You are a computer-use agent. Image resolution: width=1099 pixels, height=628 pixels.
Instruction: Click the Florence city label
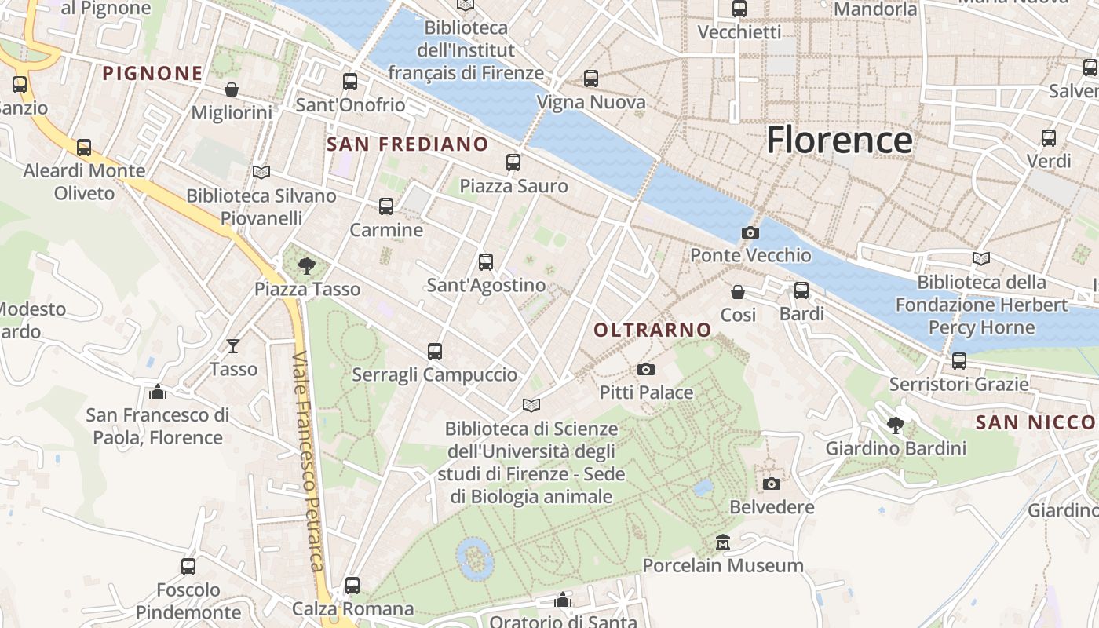pos(839,141)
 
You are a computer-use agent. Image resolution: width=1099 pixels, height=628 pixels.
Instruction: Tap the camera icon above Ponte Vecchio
pos(750,233)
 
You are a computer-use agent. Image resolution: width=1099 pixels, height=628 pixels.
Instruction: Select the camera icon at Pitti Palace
pos(646,370)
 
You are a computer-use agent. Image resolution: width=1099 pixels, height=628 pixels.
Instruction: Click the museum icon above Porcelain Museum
pos(722,542)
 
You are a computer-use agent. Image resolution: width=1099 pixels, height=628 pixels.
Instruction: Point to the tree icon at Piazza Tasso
pos(307,266)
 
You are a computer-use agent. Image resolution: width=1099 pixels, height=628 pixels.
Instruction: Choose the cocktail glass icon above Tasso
pos(233,345)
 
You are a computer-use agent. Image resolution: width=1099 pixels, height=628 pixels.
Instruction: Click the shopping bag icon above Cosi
pos(738,292)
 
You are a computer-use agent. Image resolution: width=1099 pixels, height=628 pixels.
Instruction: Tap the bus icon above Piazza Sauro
pos(513,162)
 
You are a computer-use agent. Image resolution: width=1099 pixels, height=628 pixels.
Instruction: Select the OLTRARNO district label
pos(652,330)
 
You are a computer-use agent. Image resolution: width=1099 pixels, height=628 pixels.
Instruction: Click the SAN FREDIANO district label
pos(407,144)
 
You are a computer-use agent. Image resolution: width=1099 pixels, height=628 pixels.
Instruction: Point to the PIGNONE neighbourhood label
pos(153,74)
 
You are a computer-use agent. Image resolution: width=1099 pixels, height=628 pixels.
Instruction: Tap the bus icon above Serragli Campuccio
pos(435,352)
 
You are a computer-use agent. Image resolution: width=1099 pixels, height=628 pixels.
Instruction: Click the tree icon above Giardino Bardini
pos(895,425)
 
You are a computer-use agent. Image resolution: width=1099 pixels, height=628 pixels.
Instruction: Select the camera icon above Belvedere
pos(772,484)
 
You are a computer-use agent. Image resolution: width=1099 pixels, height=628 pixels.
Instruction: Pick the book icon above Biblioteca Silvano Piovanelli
pos(261,172)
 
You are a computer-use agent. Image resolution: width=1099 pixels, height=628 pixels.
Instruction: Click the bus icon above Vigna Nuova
pos(591,78)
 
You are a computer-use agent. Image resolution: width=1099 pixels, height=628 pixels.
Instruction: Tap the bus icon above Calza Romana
pos(352,585)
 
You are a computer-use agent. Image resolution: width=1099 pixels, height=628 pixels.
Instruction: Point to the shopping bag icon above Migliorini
pos(232,89)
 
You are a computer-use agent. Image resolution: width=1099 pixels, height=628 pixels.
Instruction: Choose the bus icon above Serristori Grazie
pos(958,361)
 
